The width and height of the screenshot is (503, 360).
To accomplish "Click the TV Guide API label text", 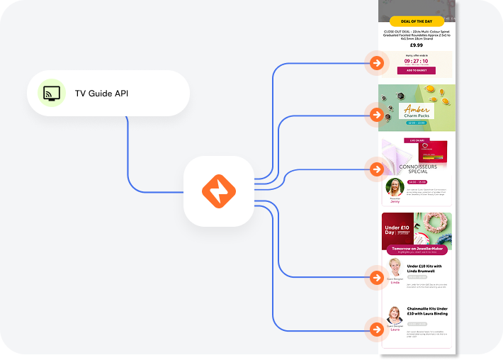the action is [102, 94].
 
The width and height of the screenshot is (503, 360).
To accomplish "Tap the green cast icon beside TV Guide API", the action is [51, 93].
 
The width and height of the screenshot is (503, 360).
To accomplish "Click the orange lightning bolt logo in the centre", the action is [219, 191].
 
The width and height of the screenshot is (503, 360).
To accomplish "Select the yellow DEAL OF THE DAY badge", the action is [417, 22].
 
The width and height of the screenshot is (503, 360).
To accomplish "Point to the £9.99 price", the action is [417, 45].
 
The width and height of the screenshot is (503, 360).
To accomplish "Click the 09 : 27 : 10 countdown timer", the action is [417, 61].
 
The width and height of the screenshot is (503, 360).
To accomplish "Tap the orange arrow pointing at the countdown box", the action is [377, 63].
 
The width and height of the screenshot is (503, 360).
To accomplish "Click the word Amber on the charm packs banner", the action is [417, 111].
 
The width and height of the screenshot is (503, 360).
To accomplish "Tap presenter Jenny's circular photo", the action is [395, 188].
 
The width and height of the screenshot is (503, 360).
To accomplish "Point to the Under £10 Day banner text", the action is [398, 228].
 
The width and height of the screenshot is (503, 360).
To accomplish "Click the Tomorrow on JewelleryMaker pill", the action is [418, 250].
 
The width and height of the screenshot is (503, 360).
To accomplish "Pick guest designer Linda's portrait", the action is [395, 269].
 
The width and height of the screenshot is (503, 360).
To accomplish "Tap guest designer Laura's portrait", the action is [395, 316].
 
